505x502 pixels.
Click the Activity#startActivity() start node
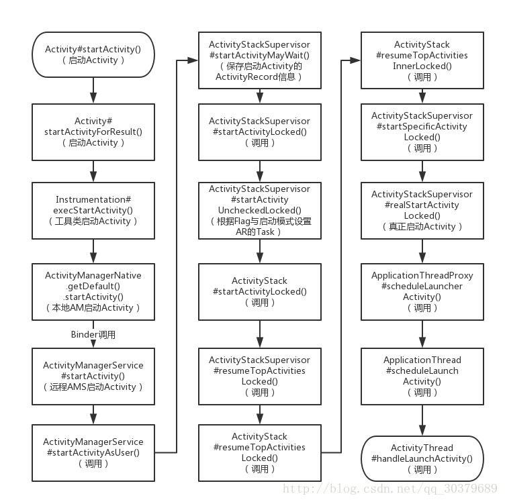click(93, 54)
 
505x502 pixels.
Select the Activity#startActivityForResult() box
click(93, 132)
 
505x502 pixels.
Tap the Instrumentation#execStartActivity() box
click(93, 211)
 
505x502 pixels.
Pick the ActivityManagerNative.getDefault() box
click(93, 292)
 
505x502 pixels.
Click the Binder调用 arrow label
click(93, 335)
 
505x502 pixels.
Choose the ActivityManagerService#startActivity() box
click(93, 376)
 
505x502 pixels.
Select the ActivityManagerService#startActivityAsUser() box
click(93, 453)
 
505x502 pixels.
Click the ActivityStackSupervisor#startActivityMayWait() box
click(260, 60)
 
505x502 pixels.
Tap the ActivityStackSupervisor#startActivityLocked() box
click(260, 132)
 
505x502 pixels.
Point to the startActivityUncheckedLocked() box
click(260, 211)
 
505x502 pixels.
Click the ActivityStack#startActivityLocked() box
click(260, 292)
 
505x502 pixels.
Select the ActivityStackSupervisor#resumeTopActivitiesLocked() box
click(260, 376)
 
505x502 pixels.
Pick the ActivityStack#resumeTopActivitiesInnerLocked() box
click(422, 60)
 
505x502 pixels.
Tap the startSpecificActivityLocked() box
click(422, 132)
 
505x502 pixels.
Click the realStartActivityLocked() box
click(422, 211)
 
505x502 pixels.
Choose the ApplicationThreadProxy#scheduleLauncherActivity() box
click(422, 292)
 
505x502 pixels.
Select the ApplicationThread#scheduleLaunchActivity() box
click(422, 376)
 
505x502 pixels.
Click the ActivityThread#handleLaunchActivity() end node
click(422, 458)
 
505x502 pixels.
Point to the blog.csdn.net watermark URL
click(390, 489)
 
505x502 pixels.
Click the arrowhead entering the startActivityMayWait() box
click(193, 60)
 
